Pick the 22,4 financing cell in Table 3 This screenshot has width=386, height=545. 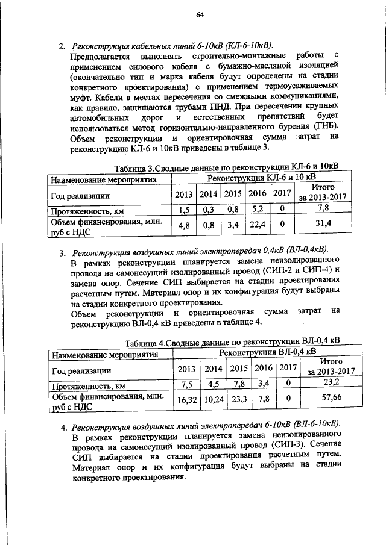tap(258, 225)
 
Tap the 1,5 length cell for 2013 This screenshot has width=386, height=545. tap(184, 210)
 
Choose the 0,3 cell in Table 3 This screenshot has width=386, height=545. tap(209, 210)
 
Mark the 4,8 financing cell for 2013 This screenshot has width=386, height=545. tap(184, 225)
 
